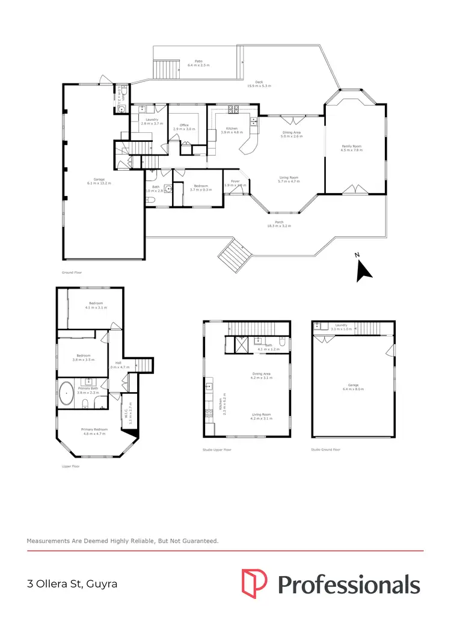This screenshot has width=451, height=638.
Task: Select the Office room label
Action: click(x=180, y=126)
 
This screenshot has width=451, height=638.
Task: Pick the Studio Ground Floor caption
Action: click(x=325, y=450)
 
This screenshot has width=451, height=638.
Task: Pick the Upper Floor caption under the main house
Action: click(x=70, y=466)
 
